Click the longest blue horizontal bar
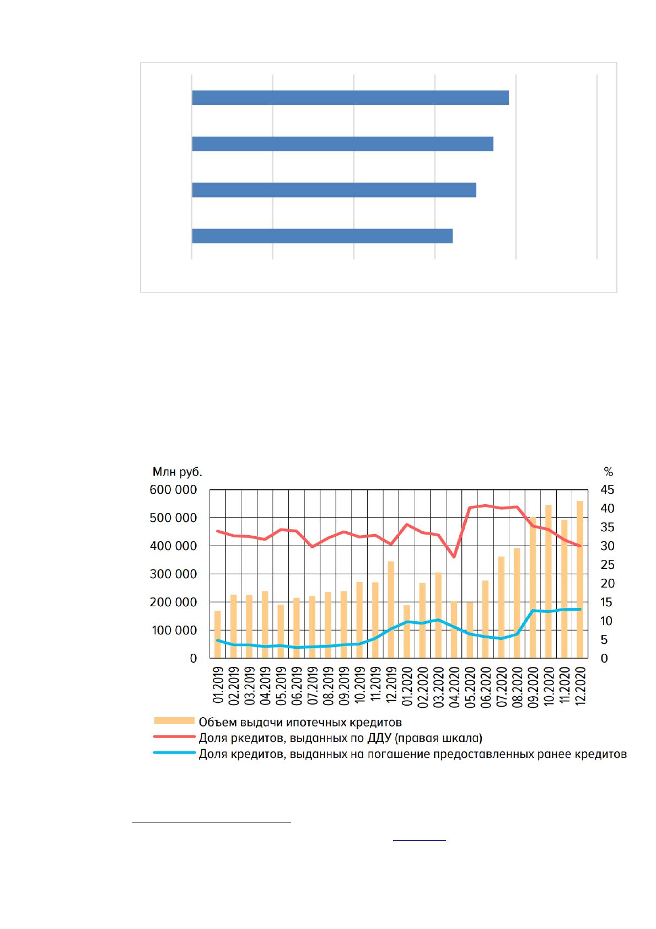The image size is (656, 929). [350, 98]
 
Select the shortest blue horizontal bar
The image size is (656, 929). [322, 236]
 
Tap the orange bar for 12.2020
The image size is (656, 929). [580, 579]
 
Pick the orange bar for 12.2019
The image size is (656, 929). [391, 610]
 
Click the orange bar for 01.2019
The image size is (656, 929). [218, 634]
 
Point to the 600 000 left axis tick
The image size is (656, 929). [173, 490]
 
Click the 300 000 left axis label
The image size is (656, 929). [173, 574]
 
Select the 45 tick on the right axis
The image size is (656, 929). [607, 490]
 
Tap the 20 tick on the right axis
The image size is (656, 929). [607, 584]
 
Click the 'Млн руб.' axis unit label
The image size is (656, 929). [177, 472]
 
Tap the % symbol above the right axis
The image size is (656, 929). [608, 472]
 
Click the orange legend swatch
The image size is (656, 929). [174, 720]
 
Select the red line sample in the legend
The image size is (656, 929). [174, 736]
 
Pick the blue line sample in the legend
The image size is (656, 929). [174, 752]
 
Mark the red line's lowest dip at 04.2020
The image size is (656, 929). [454, 557]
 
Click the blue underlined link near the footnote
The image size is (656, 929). [419, 840]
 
